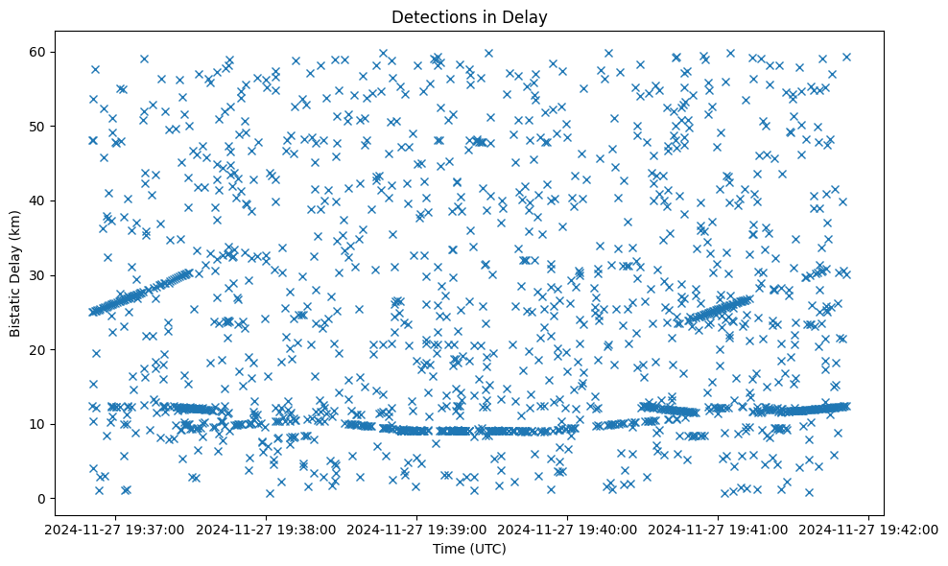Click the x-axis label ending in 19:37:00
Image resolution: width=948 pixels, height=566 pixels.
tap(117, 529)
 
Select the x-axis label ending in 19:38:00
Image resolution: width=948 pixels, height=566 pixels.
tap(268, 529)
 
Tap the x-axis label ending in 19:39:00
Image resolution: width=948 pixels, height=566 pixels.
tap(418, 529)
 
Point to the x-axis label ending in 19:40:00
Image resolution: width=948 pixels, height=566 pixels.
tap(568, 529)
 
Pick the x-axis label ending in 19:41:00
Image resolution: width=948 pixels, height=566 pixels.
tap(719, 529)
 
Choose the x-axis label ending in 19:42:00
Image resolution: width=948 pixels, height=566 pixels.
tap(869, 529)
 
